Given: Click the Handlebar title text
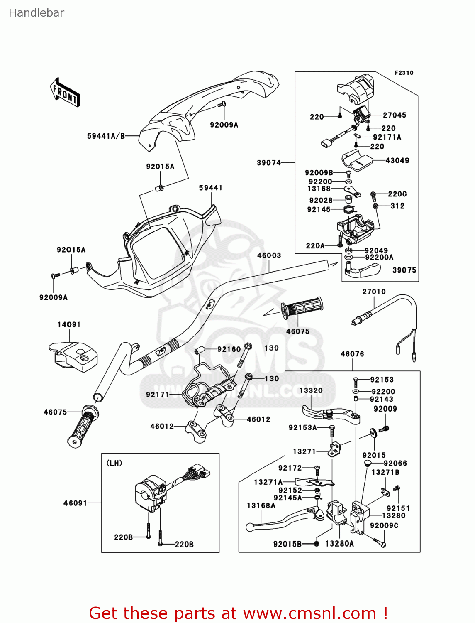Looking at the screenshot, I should [37, 13].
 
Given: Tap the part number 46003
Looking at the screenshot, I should [269, 255].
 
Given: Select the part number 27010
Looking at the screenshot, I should [374, 292].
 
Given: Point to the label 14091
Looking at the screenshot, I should [69, 324].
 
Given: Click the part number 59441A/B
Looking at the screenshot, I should [106, 136].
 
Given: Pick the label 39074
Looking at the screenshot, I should [269, 163].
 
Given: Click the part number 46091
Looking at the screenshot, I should [75, 503].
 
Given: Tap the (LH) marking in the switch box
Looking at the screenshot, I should [114, 463].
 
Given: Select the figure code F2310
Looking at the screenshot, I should [404, 73].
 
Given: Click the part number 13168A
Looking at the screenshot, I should [261, 505].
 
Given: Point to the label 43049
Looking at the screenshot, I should [397, 160].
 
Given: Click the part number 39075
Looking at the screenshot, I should [404, 270].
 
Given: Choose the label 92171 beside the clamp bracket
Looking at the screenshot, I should [157, 395].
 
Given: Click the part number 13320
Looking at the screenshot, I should [311, 390].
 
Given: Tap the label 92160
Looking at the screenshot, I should [229, 349].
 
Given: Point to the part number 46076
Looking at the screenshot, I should [352, 354].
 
